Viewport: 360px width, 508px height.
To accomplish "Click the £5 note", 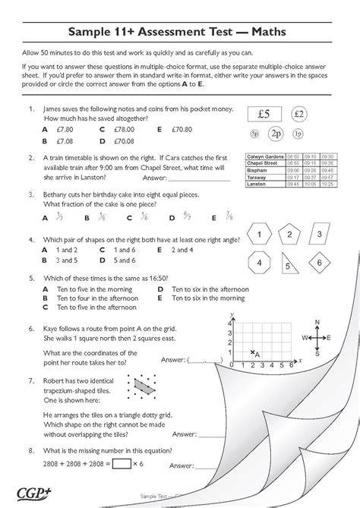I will (264, 115).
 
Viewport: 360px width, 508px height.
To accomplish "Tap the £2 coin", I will (298, 114).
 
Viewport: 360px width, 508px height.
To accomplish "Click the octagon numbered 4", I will (260, 263).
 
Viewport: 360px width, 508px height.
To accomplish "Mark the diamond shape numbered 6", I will (318, 263).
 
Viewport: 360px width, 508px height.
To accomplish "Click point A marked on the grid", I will (253, 352).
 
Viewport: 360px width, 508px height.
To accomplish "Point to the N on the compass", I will (317, 321).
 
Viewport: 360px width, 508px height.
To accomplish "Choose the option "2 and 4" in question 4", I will (183, 249).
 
